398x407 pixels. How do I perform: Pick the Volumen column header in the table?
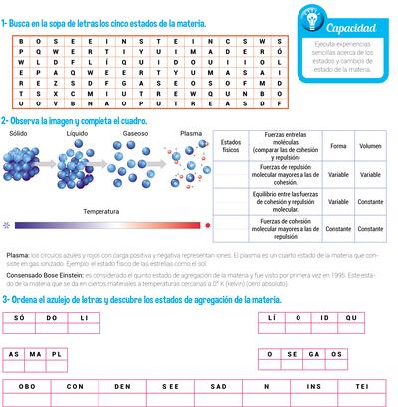coord(370,146)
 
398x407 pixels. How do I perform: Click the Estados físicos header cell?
coord(231,146)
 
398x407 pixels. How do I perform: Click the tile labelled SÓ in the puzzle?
coord(20,317)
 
